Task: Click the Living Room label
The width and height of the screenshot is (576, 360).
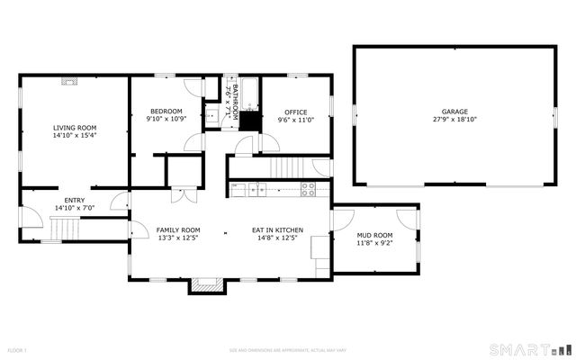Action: click(74, 129)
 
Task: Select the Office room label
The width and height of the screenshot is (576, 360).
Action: click(296, 111)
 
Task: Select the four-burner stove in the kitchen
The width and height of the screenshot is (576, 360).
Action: click(308, 189)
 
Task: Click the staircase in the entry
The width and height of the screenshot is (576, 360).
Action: click(65, 233)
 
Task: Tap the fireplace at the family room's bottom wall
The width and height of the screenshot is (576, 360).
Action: click(205, 284)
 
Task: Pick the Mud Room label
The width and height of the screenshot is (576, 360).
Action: click(374, 234)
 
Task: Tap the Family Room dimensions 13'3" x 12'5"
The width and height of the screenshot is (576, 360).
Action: click(177, 238)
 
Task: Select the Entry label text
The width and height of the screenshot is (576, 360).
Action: click(74, 200)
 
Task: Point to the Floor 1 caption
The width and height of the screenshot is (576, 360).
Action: click(18, 349)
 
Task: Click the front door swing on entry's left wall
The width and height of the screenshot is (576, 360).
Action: click(31, 218)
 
